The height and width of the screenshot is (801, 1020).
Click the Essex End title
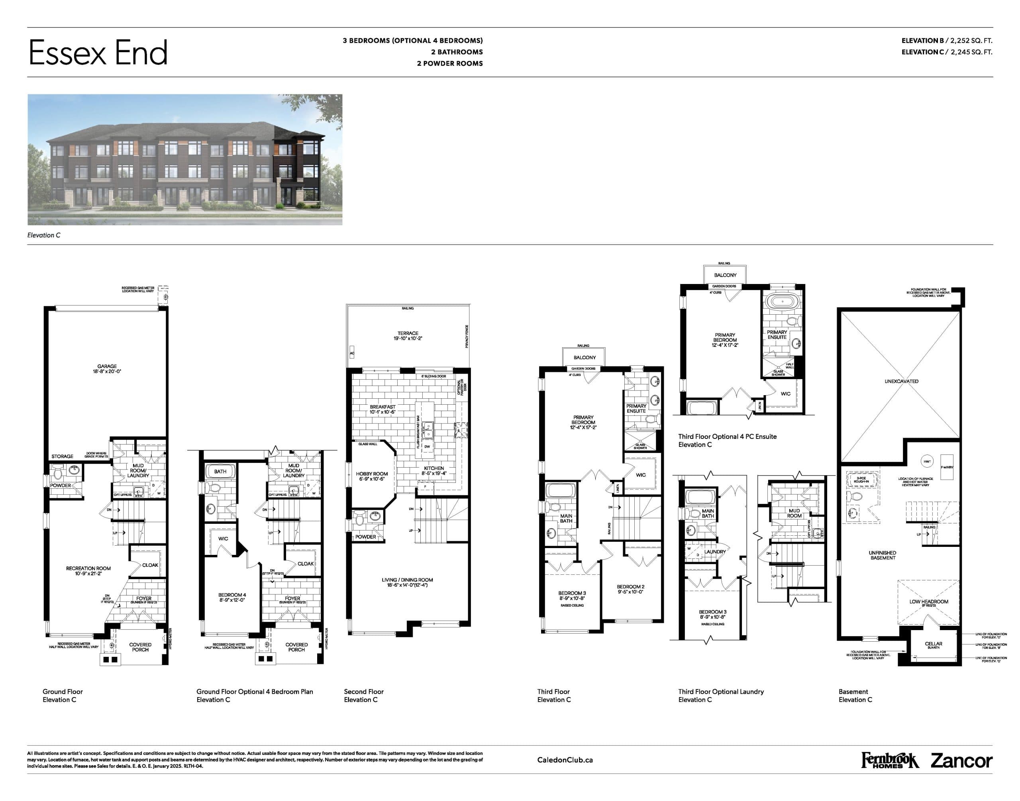98,53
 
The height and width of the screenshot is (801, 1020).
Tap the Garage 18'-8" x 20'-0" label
107,368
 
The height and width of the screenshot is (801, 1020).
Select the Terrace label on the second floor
408,335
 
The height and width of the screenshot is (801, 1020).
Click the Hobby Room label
372,476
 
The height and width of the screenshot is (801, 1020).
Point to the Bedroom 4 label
232,597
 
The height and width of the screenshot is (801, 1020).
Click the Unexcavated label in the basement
901,381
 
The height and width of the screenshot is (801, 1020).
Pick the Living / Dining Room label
407,582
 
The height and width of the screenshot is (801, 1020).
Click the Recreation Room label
88,570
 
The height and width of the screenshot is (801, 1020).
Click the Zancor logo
961,760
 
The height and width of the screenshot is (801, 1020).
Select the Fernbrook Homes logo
889,760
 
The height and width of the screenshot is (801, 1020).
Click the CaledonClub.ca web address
565,760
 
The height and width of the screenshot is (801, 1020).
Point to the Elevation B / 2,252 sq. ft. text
946,41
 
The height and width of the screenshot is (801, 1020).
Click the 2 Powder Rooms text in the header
449,63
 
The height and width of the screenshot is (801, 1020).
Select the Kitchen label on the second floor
433,470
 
